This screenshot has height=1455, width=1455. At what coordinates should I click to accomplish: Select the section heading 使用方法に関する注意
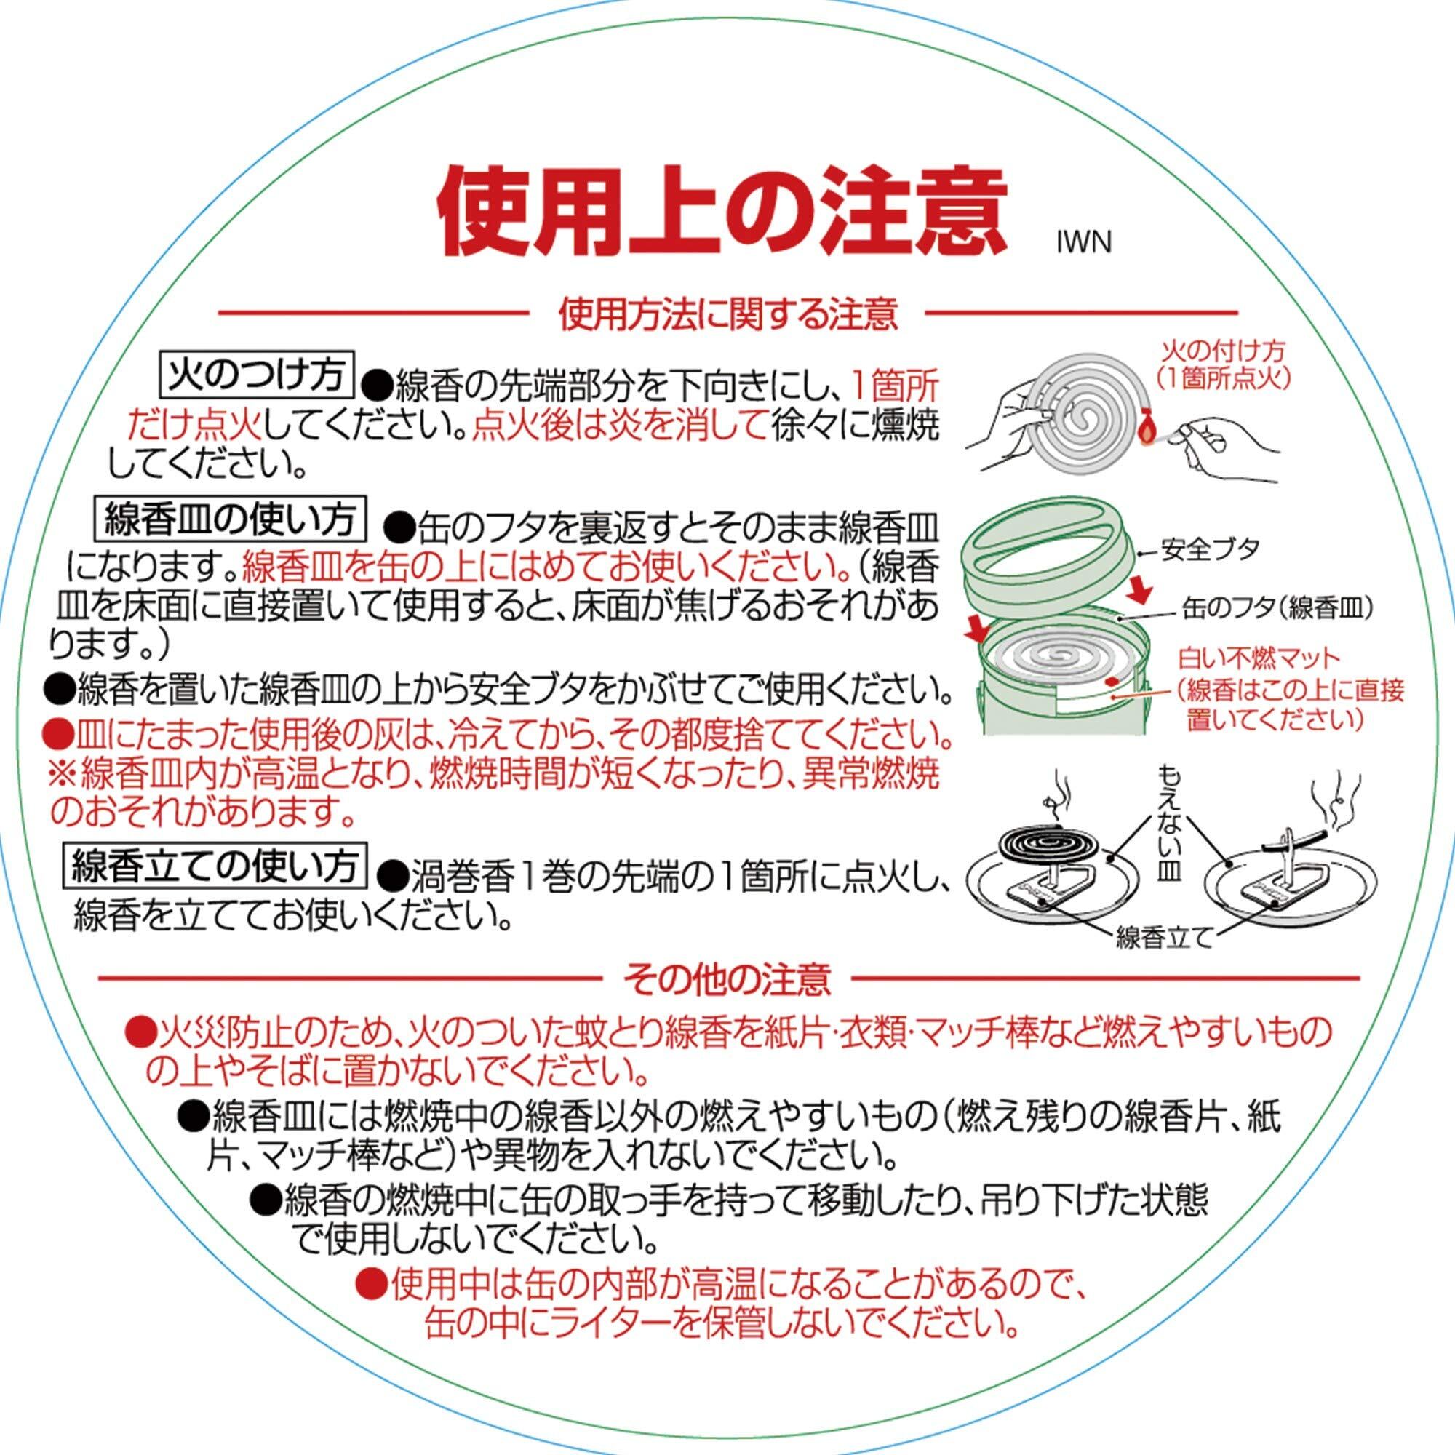[x=727, y=314]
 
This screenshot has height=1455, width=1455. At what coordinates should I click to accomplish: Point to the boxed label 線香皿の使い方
[x=231, y=518]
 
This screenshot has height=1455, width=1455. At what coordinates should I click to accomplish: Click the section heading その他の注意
[x=727, y=979]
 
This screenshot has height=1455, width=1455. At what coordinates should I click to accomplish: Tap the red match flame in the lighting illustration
[x=1146, y=429]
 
